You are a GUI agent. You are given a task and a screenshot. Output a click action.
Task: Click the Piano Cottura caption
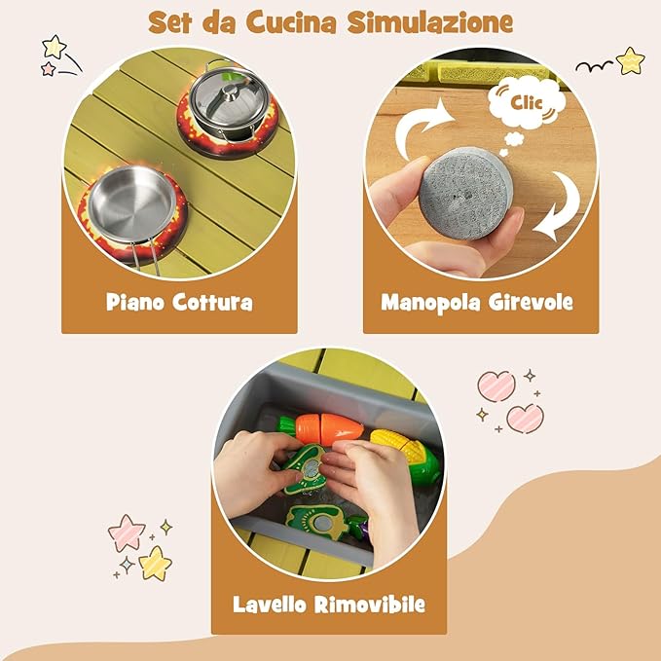coord(179,302)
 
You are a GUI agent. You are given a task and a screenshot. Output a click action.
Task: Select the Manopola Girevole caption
coord(477,302)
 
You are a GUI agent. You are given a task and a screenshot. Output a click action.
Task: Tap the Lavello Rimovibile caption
coord(329,605)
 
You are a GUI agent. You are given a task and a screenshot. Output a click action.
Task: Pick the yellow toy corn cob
coord(404,451)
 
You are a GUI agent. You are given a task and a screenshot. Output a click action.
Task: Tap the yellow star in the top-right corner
coord(631,60)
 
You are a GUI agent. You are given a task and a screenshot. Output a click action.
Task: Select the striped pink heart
coord(496,386)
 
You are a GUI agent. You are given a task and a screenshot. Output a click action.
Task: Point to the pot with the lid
coord(226,100)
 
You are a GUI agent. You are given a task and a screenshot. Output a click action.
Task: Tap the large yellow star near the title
coord(55,46)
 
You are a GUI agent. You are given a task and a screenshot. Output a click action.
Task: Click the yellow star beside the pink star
coord(154,562)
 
